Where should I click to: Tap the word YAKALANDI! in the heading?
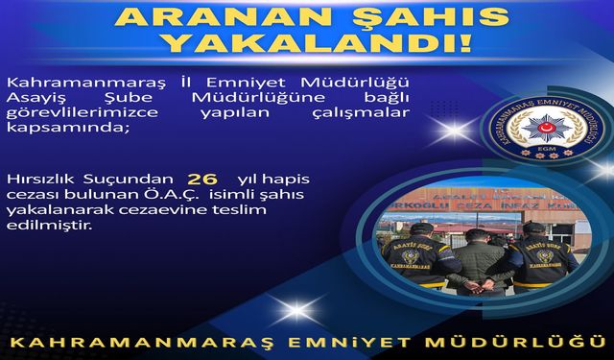tap(307, 43)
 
